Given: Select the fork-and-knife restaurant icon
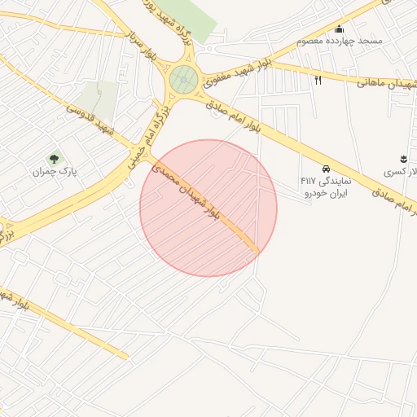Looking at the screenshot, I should (x=318, y=80).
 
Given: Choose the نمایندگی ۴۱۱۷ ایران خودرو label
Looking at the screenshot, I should (x=323, y=187).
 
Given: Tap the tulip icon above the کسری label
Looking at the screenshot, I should (x=403, y=157).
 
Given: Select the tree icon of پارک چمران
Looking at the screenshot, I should (x=54, y=158).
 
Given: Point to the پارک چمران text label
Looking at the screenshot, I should (x=48, y=173).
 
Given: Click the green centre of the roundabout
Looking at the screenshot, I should (x=182, y=79).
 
